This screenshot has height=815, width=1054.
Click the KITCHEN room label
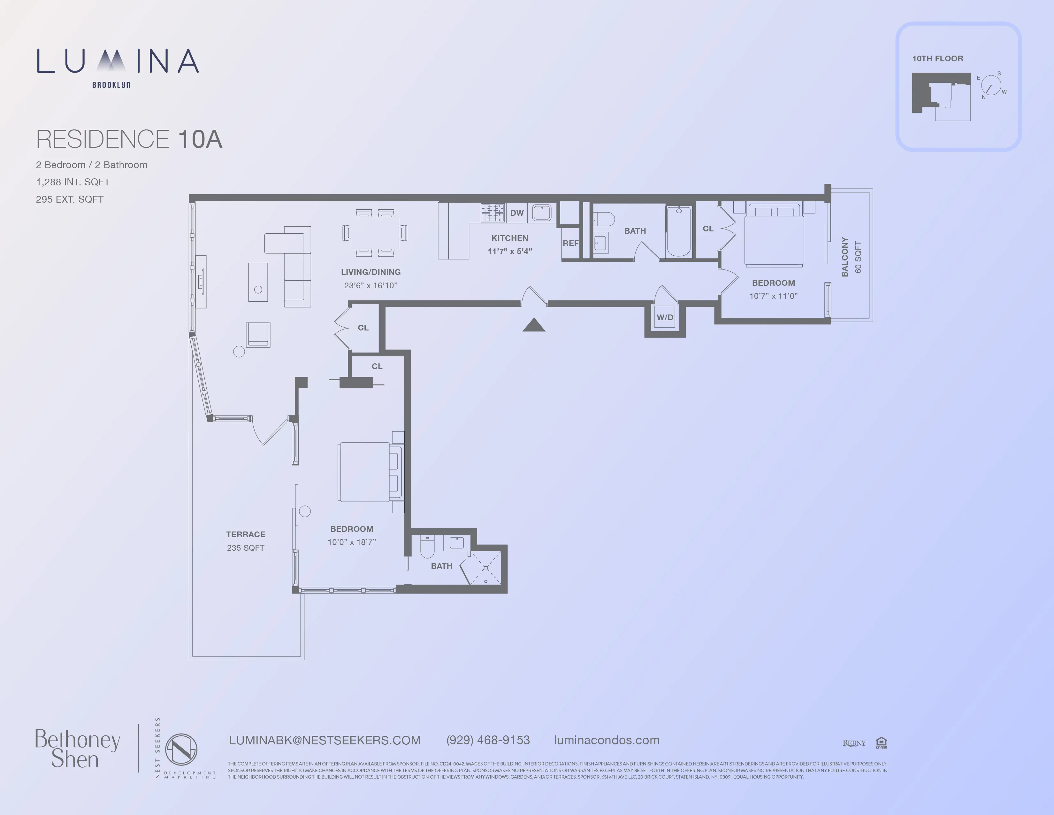coord(510,238)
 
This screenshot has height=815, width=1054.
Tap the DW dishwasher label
coord(517,213)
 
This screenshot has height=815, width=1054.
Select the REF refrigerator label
coord(570,243)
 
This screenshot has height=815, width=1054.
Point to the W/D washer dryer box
coord(665,317)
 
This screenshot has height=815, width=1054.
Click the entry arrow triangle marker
coord(534,325)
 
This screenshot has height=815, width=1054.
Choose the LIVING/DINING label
coord(370,272)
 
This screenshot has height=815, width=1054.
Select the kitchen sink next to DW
coord(541,213)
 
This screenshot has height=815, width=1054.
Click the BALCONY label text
coord(844,257)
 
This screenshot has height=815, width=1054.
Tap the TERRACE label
coord(246,534)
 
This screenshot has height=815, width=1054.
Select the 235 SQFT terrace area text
coord(246,547)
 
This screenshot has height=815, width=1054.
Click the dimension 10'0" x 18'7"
coord(351,542)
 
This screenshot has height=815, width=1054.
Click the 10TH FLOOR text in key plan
coord(937,58)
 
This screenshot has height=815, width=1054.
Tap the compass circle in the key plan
coord(991,85)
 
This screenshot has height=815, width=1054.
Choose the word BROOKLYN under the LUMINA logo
coord(111,85)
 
